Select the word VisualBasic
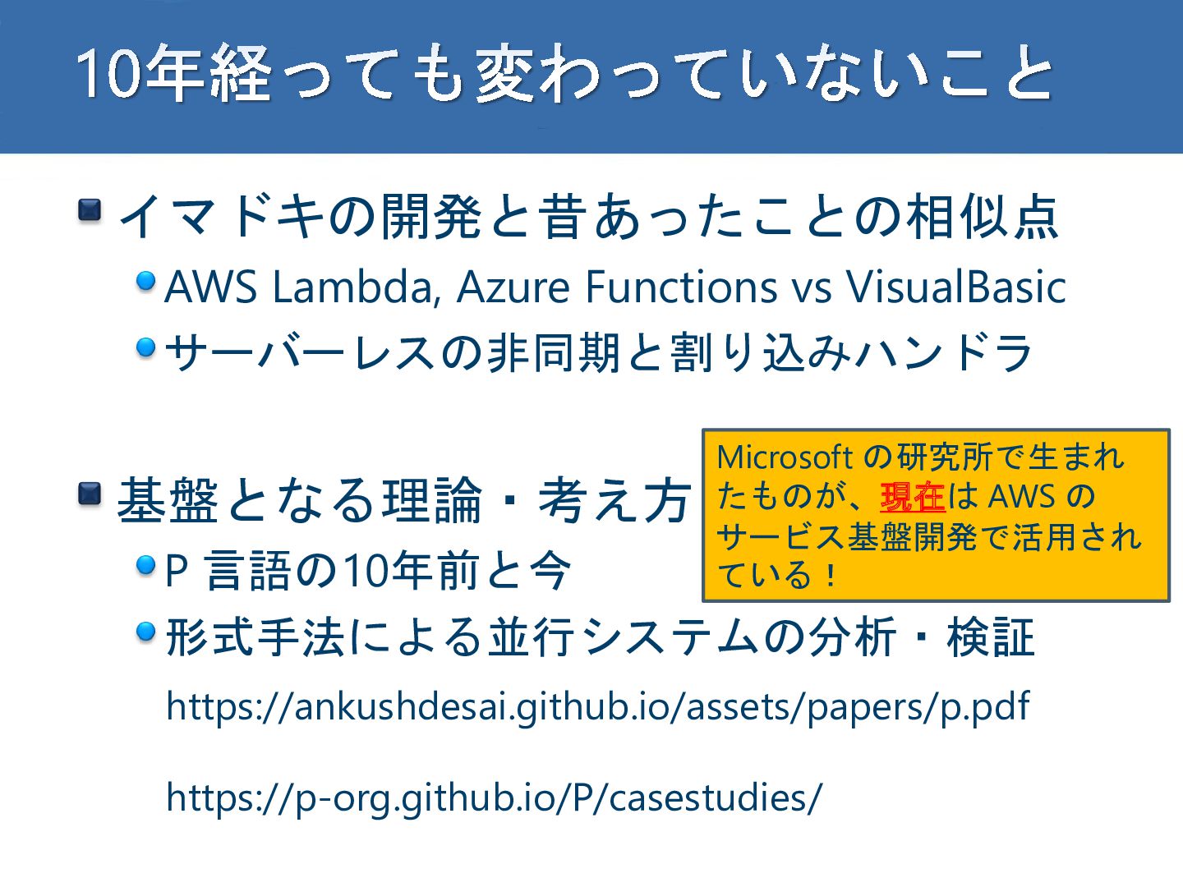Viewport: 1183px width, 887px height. point(956,287)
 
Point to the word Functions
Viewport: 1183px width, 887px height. point(681,287)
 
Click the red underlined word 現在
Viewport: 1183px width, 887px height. point(912,497)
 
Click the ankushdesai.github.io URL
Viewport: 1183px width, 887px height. point(597,706)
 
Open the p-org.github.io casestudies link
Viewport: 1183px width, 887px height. point(494,797)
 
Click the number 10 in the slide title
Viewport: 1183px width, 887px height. point(107,74)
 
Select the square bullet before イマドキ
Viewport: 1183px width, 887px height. point(90,210)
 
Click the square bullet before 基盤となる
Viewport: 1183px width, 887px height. point(90,494)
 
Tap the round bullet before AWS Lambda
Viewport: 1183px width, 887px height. point(146,282)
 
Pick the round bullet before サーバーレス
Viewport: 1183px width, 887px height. point(146,347)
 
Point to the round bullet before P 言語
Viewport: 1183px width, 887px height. point(146,565)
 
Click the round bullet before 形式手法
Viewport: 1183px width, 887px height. point(146,632)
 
